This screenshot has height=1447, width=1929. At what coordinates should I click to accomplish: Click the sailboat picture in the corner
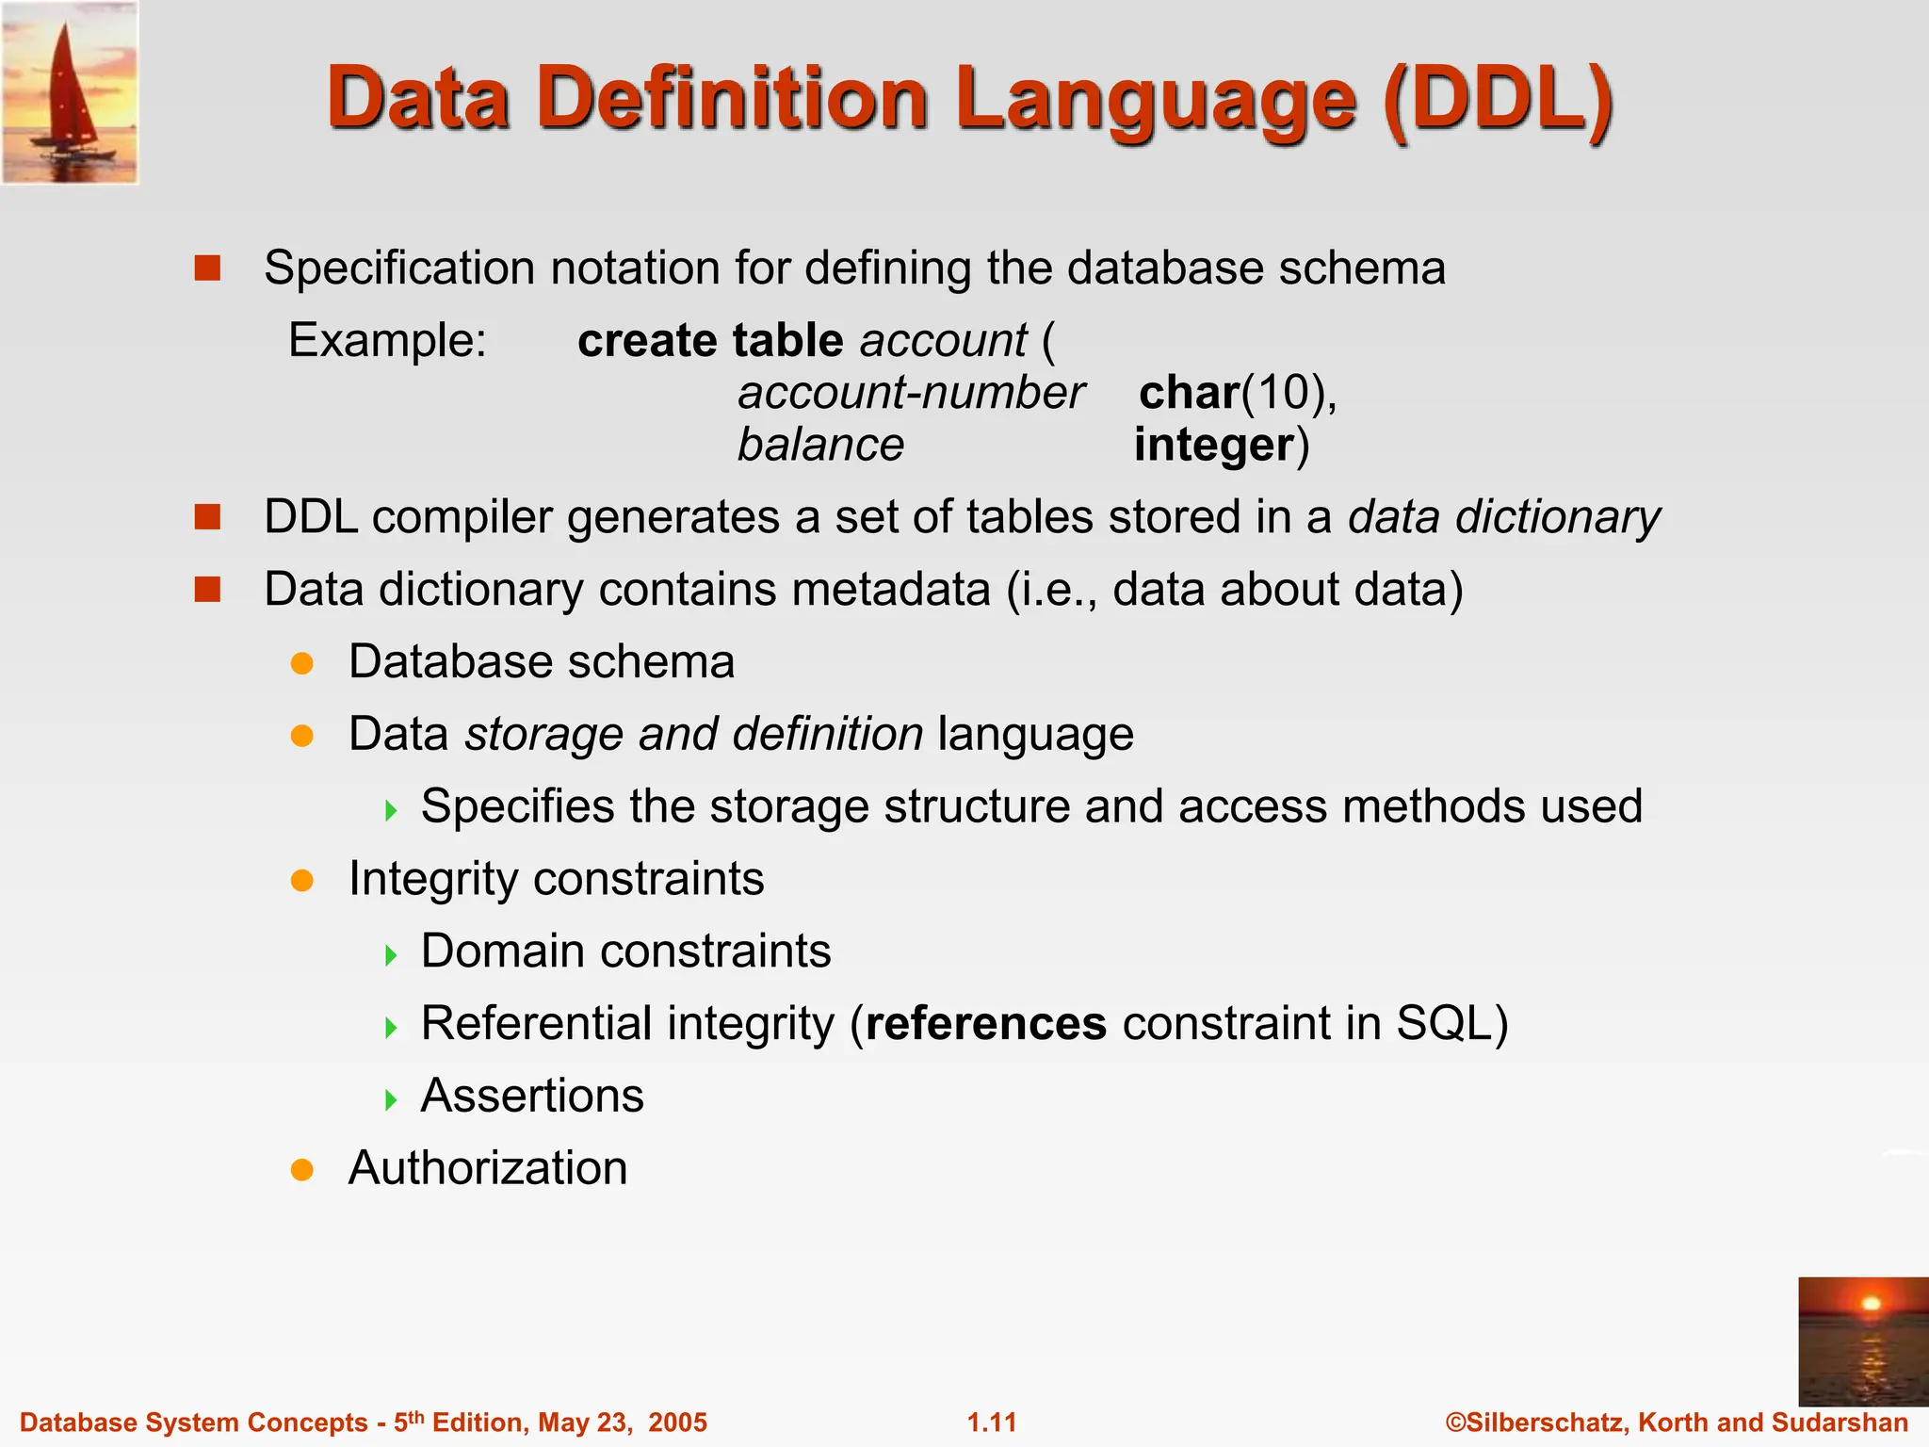point(70,92)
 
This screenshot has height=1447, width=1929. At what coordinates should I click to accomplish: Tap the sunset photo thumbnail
point(1862,1340)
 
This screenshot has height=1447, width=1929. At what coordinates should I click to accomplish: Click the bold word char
point(1189,393)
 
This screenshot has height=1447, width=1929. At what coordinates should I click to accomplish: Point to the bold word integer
point(1214,445)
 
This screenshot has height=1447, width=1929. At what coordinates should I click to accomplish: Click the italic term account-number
point(911,393)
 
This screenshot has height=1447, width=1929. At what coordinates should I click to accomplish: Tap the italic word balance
point(820,445)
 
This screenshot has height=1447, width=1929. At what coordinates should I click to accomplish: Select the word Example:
point(387,340)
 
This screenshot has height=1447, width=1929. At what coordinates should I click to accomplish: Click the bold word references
point(986,1023)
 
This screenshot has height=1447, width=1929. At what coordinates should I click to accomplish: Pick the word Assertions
point(532,1096)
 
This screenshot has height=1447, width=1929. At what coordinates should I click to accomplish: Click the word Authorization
point(488,1168)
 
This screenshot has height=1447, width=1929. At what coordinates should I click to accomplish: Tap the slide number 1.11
point(992,1423)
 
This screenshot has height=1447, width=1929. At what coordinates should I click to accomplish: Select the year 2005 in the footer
point(677,1423)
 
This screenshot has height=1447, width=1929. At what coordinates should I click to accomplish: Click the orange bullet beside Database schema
point(301,663)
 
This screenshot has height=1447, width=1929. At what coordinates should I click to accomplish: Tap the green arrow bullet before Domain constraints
point(391,955)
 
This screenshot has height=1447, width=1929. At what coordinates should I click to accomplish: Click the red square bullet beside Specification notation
point(207,268)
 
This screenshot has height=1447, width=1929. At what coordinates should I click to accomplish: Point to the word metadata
point(891,590)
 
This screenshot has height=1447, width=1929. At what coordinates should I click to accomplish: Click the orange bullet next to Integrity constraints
point(301,881)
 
